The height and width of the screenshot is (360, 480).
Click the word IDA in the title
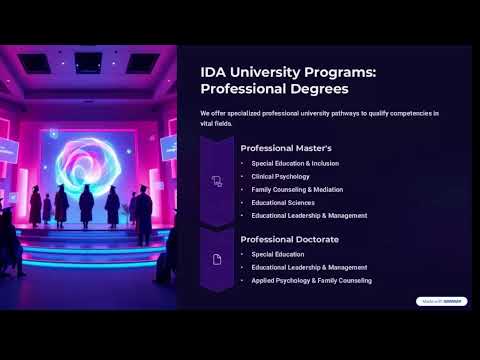pyautogui.click(x=213, y=72)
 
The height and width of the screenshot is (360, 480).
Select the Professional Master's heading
pyautogui.click(x=286, y=148)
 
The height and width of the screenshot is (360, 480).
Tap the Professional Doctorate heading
pyautogui.click(x=289, y=240)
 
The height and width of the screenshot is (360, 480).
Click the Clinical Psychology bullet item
pyautogui.click(x=280, y=176)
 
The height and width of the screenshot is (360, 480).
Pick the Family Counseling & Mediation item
pyautogui.click(x=297, y=189)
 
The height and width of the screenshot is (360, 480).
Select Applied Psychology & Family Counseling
pyautogui.click(x=311, y=281)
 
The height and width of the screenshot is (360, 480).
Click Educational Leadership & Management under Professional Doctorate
pyautogui.click(x=309, y=268)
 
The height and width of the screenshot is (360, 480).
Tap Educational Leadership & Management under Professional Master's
pyautogui.click(x=309, y=215)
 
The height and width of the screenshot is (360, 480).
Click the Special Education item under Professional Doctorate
pyautogui.click(x=277, y=254)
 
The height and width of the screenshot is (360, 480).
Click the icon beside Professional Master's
pyautogui.click(x=217, y=181)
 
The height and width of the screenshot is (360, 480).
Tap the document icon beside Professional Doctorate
pyautogui.click(x=217, y=260)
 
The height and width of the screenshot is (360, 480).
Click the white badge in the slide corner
pyautogui.click(x=441, y=301)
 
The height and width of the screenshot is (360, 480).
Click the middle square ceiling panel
pyautogui.click(x=88, y=62)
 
